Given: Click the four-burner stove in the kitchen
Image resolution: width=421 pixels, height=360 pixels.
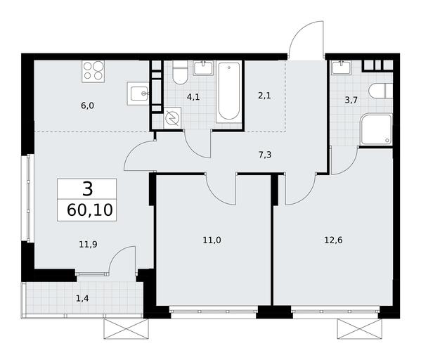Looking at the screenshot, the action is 93,72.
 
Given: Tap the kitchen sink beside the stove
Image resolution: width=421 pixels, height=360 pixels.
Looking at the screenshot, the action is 138,94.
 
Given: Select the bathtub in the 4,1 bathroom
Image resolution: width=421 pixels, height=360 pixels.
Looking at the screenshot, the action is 228,93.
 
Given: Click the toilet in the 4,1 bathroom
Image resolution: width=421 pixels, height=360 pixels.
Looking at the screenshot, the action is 180,72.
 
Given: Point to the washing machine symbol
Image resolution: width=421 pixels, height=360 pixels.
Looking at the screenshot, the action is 172,118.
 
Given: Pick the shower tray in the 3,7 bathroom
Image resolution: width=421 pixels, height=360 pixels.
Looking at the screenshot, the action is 377,129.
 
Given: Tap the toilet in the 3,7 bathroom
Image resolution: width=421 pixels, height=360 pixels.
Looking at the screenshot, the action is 381,91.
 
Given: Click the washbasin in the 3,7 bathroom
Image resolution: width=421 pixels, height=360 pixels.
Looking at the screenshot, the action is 342,67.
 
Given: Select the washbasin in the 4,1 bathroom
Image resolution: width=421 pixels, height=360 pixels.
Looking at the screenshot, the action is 204,68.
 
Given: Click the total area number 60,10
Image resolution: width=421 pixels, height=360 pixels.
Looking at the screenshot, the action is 90,210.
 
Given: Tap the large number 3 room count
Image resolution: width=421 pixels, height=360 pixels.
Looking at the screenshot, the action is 88,188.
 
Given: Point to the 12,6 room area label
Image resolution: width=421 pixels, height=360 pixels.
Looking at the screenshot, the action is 333,240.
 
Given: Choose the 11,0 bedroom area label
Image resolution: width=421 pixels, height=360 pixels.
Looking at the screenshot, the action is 212,240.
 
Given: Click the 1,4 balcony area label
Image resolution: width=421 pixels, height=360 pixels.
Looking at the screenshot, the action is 82,298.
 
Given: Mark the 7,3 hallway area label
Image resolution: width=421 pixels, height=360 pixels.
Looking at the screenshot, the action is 265,155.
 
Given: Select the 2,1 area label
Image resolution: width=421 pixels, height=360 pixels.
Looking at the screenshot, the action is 264,96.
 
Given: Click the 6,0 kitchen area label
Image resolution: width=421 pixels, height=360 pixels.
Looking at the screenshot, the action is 88,105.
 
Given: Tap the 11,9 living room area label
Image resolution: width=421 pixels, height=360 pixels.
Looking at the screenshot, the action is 88,244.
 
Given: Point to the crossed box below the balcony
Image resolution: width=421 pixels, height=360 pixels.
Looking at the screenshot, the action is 127,329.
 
